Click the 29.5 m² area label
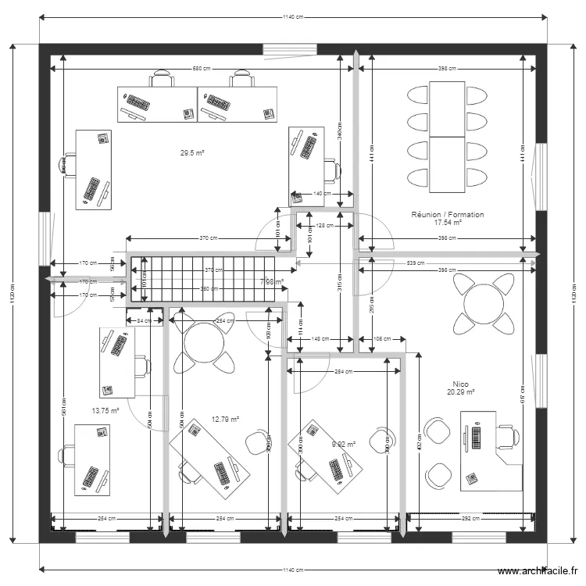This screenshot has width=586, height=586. [191, 154]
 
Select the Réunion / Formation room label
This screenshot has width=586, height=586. [448, 214]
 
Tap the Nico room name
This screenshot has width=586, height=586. [460, 384]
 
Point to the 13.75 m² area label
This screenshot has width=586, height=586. [105, 410]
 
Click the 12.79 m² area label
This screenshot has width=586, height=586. [225, 419]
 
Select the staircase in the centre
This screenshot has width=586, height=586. [207, 279]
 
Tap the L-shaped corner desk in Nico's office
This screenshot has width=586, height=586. [492, 457]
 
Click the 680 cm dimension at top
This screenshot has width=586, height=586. [202, 70]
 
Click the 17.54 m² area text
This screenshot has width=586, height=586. [448, 223]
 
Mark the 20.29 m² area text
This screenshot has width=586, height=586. [460, 393]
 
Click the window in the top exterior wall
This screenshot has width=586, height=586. [290, 50]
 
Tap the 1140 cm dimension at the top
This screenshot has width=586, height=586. [293, 16]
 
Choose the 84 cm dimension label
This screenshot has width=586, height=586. [145, 320]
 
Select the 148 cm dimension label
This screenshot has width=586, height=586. [320, 339]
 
